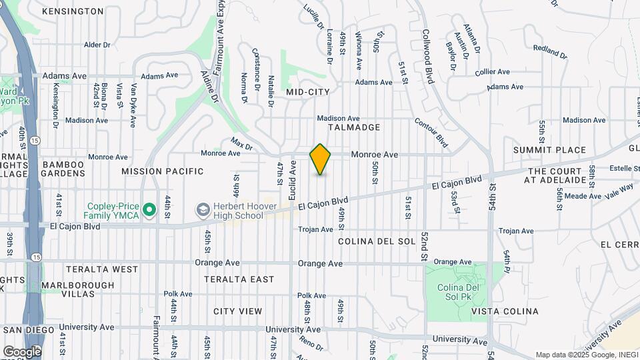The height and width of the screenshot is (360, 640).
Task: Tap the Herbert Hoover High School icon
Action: click(x=202, y=211)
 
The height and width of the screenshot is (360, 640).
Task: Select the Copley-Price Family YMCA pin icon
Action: click(x=151, y=211)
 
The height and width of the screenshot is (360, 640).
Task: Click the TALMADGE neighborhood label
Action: click(x=353, y=127)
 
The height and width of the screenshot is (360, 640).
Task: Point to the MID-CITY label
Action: click(x=303, y=91)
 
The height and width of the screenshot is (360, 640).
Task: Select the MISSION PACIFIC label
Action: click(x=163, y=171)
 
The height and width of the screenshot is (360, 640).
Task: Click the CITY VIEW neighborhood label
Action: click(x=238, y=311)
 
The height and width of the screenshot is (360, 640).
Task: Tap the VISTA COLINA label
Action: click(x=505, y=311)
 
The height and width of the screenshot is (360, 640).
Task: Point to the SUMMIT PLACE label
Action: click(x=549, y=151)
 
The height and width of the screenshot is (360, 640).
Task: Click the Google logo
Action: click(x=22, y=351)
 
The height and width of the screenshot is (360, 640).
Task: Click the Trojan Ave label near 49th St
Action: click(x=315, y=229)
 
